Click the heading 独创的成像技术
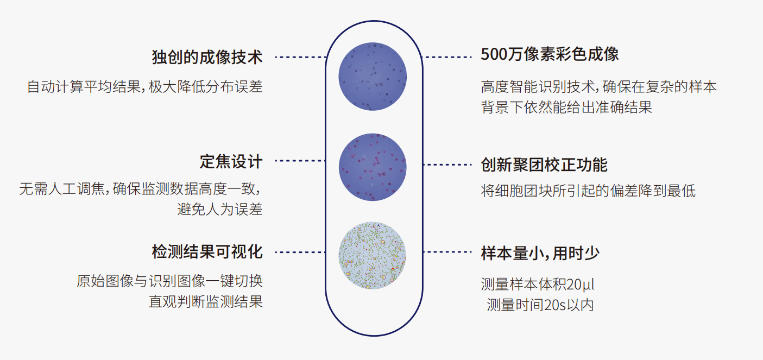pos(207,57)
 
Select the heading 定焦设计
pos(231,161)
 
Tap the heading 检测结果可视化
pos(207,252)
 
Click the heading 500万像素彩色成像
pos(550,54)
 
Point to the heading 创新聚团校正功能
pos(544,165)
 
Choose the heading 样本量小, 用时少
pos(540,254)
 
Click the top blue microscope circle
pos(373,77)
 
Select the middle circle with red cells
pos(373,167)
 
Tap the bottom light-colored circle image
pos(373,255)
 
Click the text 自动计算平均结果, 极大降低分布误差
pos(145,86)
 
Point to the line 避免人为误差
pos(220,209)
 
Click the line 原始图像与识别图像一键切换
pos(169,281)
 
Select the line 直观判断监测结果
pos(206,302)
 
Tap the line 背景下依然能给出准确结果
pos(566,108)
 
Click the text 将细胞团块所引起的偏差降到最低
pos(588,191)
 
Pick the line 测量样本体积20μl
pos(538,285)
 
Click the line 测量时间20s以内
pos(540,305)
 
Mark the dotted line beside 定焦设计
pos(300,160)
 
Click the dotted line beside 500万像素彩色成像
pos(447,57)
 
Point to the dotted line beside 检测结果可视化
pos(300,252)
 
